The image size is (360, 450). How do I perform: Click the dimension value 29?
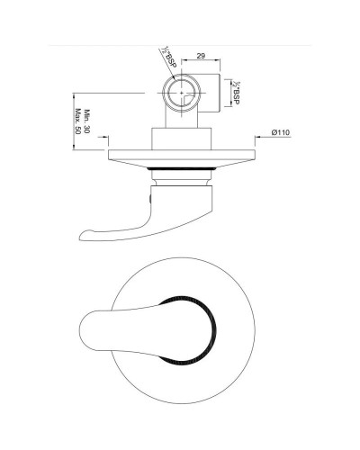coord(202,56)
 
